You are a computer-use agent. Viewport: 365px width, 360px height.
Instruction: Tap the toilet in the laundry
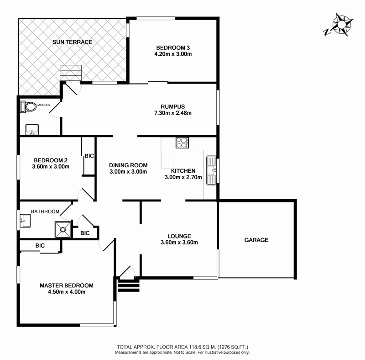(29, 107)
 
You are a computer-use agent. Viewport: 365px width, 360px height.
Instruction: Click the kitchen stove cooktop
(182, 143)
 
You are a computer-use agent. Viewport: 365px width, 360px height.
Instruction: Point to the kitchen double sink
(212, 170)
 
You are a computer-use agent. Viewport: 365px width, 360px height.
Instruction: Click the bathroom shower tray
(63, 230)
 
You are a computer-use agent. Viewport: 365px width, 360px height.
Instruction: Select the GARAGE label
(256, 240)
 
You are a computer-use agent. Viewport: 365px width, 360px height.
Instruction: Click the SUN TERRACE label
(72, 42)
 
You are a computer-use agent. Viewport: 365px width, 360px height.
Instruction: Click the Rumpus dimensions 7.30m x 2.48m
(172, 113)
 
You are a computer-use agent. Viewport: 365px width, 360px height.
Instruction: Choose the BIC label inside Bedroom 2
(89, 156)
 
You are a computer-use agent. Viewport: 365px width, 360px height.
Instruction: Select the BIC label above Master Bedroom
(41, 246)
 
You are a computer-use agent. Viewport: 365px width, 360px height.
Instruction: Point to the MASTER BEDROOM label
(67, 285)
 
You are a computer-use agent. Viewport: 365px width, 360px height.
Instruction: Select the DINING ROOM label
(128, 165)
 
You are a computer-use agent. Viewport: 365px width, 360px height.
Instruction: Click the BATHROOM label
(45, 212)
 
